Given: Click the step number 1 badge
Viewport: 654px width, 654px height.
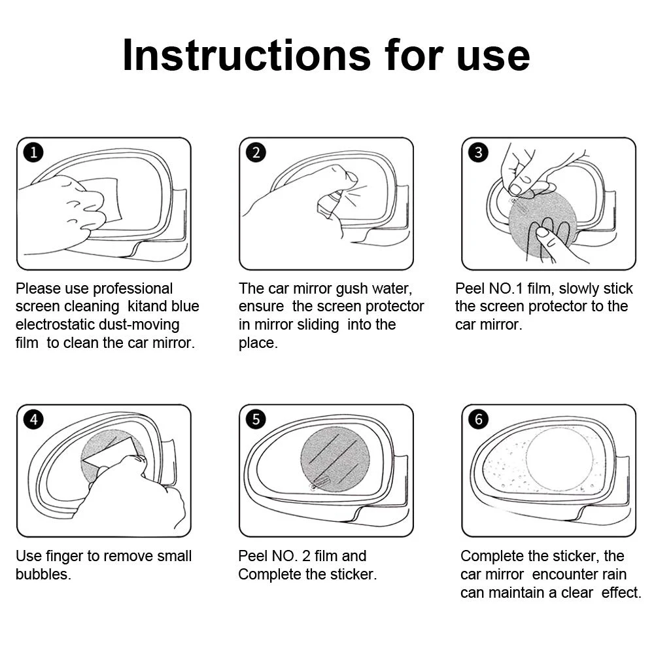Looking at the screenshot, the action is (x=33, y=152).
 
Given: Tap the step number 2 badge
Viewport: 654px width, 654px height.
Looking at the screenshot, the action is (x=256, y=152).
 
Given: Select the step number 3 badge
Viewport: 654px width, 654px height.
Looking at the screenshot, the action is (x=479, y=152).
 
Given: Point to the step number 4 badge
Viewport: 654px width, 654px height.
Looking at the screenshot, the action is (x=33, y=419).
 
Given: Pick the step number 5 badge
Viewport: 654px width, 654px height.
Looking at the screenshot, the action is (x=256, y=419).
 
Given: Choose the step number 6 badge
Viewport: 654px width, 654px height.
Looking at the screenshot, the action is (x=479, y=419).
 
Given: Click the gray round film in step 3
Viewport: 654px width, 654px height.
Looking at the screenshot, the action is (x=542, y=224).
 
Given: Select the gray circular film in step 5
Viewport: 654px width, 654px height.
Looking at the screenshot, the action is (x=335, y=459).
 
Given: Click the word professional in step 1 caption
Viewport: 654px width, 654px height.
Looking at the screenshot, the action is (x=133, y=288).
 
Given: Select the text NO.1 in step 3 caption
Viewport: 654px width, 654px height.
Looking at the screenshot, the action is (x=502, y=288).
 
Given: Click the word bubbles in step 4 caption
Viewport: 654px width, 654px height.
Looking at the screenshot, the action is (x=43, y=574).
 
